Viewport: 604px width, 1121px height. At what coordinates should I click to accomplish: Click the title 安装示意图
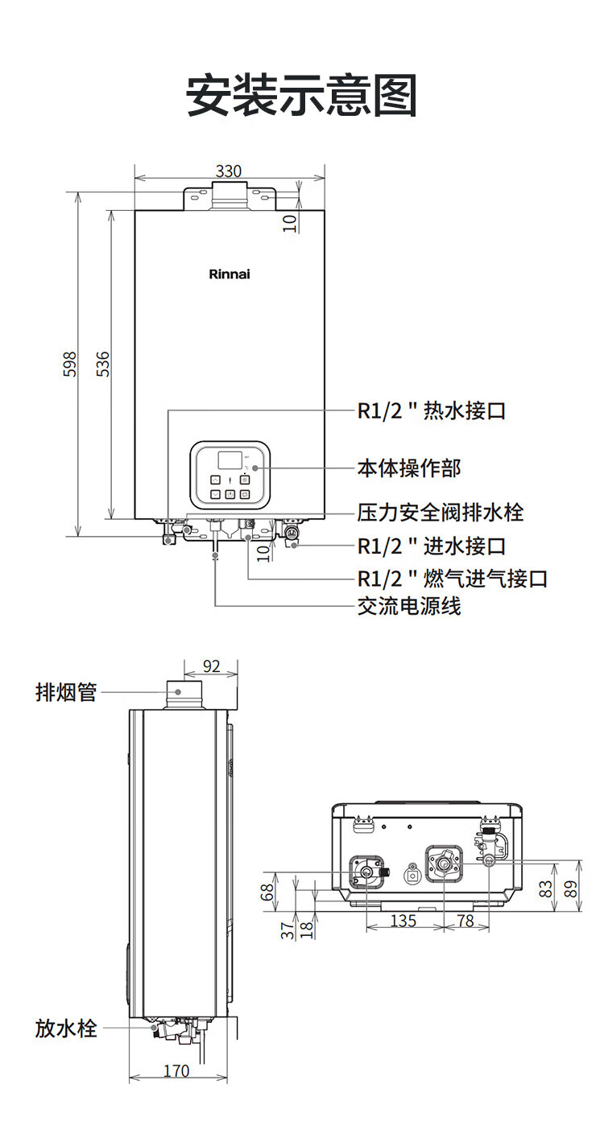301,95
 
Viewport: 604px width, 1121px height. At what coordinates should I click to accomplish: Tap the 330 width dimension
229,171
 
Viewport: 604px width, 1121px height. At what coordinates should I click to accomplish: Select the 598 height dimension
71,365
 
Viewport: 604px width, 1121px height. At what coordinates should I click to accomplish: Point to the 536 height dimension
102,364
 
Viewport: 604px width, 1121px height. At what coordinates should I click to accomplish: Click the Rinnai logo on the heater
230,274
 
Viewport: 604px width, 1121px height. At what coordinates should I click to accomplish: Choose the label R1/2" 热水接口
431,411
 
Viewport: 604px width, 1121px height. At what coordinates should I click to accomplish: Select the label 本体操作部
408,468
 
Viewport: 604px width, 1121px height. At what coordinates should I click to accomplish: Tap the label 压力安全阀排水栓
441,513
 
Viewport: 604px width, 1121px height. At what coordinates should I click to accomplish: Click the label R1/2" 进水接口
431,546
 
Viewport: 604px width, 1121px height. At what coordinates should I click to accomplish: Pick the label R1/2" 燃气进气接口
453,579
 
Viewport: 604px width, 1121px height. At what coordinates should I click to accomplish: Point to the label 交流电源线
408,606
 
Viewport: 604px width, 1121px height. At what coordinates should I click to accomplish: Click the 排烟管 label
65,692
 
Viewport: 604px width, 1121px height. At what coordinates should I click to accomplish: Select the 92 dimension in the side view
211,666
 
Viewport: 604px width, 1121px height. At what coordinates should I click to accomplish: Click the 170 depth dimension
176,1071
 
